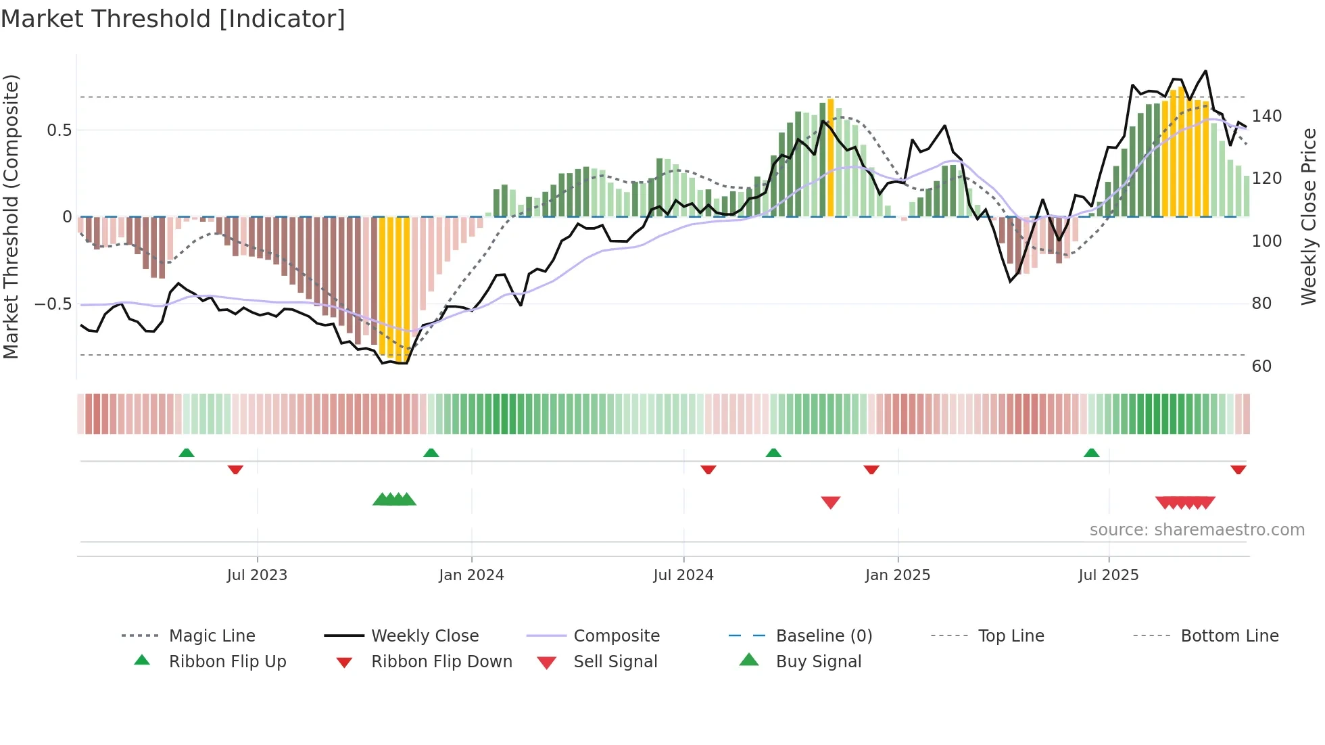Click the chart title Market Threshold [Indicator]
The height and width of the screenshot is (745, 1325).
click(173, 19)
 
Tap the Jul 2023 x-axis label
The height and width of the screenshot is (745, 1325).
click(257, 575)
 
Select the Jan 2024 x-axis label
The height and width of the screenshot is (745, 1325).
click(471, 575)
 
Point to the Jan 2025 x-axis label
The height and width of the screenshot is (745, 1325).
click(898, 575)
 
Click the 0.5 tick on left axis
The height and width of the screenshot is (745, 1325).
click(59, 130)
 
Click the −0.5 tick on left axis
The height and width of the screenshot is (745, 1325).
click(53, 304)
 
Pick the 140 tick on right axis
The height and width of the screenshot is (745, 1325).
click(1266, 116)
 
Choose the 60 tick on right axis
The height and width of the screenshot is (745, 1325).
click(1261, 366)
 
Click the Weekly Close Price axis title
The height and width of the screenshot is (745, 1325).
click(1309, 216)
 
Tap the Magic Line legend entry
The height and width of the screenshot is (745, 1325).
click(212, 636)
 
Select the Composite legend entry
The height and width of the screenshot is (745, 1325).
click(616, 636)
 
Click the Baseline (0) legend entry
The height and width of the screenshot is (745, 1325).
click(823, 636)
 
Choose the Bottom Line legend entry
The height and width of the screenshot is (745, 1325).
click(1229, 636)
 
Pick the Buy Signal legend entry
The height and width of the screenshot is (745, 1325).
click(818, 662)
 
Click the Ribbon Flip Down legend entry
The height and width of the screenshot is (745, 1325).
click(441, 662)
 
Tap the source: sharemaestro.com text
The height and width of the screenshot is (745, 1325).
click(1197, 530)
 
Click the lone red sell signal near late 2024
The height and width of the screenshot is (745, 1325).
click(830, 502)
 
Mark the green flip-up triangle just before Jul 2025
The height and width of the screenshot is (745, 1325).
click(1091, 453)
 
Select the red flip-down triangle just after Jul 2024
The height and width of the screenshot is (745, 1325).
click(708, 469)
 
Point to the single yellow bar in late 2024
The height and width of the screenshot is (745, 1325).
click(830, 157)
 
